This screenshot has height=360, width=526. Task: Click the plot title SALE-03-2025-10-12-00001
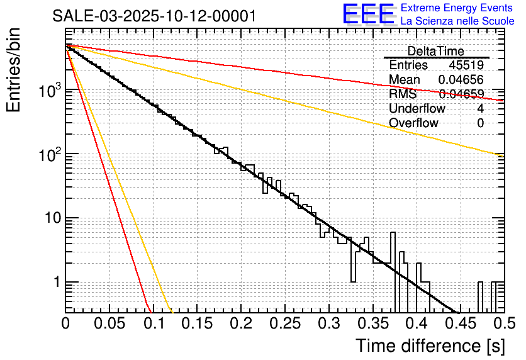point(154,16)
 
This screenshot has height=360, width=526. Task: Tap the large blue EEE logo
point(368,14)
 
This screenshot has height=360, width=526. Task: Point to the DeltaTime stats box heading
point(435,51)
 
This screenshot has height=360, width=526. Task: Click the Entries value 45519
point(466,65)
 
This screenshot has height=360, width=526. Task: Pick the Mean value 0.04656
point(461,79)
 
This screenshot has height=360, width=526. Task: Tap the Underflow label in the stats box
point(417,108)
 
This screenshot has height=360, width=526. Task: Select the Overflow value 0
point(480,123)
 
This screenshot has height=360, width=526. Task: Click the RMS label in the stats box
point(403,94)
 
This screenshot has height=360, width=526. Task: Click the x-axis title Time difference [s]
point(429,346)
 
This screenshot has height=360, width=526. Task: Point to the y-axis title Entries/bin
point(16,70)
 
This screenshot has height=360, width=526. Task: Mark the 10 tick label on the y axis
point(51,218)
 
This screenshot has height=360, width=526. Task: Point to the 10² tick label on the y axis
point(48,154)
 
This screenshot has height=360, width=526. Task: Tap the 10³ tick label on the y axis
point(48,91)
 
